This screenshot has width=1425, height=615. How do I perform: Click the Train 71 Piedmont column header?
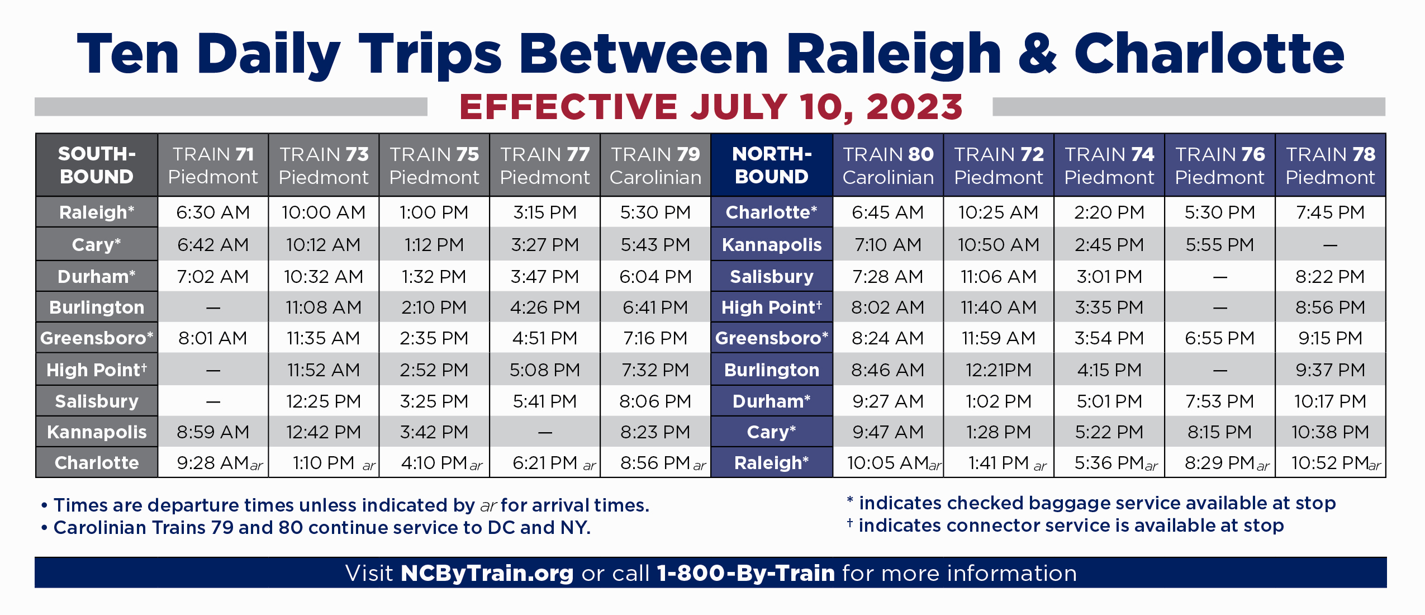pyautogui.click(x=213, y=165)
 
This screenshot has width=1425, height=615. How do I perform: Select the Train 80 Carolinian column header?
pyautogui.click(x=888, y=165)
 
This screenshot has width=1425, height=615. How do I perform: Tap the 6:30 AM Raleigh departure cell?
pyautogui.click(x=213, y=212)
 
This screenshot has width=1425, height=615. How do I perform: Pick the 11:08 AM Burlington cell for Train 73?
pyautogui.click(x=324, y=307)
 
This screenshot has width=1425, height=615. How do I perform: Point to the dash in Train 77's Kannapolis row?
pyautogui.click(x=545, y=432)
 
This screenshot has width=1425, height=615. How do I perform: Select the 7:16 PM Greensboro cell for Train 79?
pyautogui.click(x=655, y=338)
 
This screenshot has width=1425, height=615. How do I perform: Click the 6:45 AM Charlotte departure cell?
pyautogui.click(x=888, y=212)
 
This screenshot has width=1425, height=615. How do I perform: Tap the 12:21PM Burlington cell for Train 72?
pyautogui.click(x=999, y=370)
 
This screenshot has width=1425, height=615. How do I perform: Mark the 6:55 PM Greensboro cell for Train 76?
pyautogui.click(x=1220, y=338)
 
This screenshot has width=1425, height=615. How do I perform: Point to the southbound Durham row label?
pyautogui.click(x=97, y=277)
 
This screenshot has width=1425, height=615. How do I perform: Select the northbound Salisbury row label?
pyautogui.click(x=772, y=277)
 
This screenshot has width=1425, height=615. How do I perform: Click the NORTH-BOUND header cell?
pyautogui.click(x=772, y=165)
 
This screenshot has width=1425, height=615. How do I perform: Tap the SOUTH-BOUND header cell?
pyautogui.click(x=97, y=165)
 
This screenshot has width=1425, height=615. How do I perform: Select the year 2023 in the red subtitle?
pyautogui.click(x=914, y=107)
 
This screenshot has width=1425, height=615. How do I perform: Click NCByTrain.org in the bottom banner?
pyautogui.click(x=487, y=574)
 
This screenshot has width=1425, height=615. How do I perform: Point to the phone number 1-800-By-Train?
pyautogui.click(x=745, y=574)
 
